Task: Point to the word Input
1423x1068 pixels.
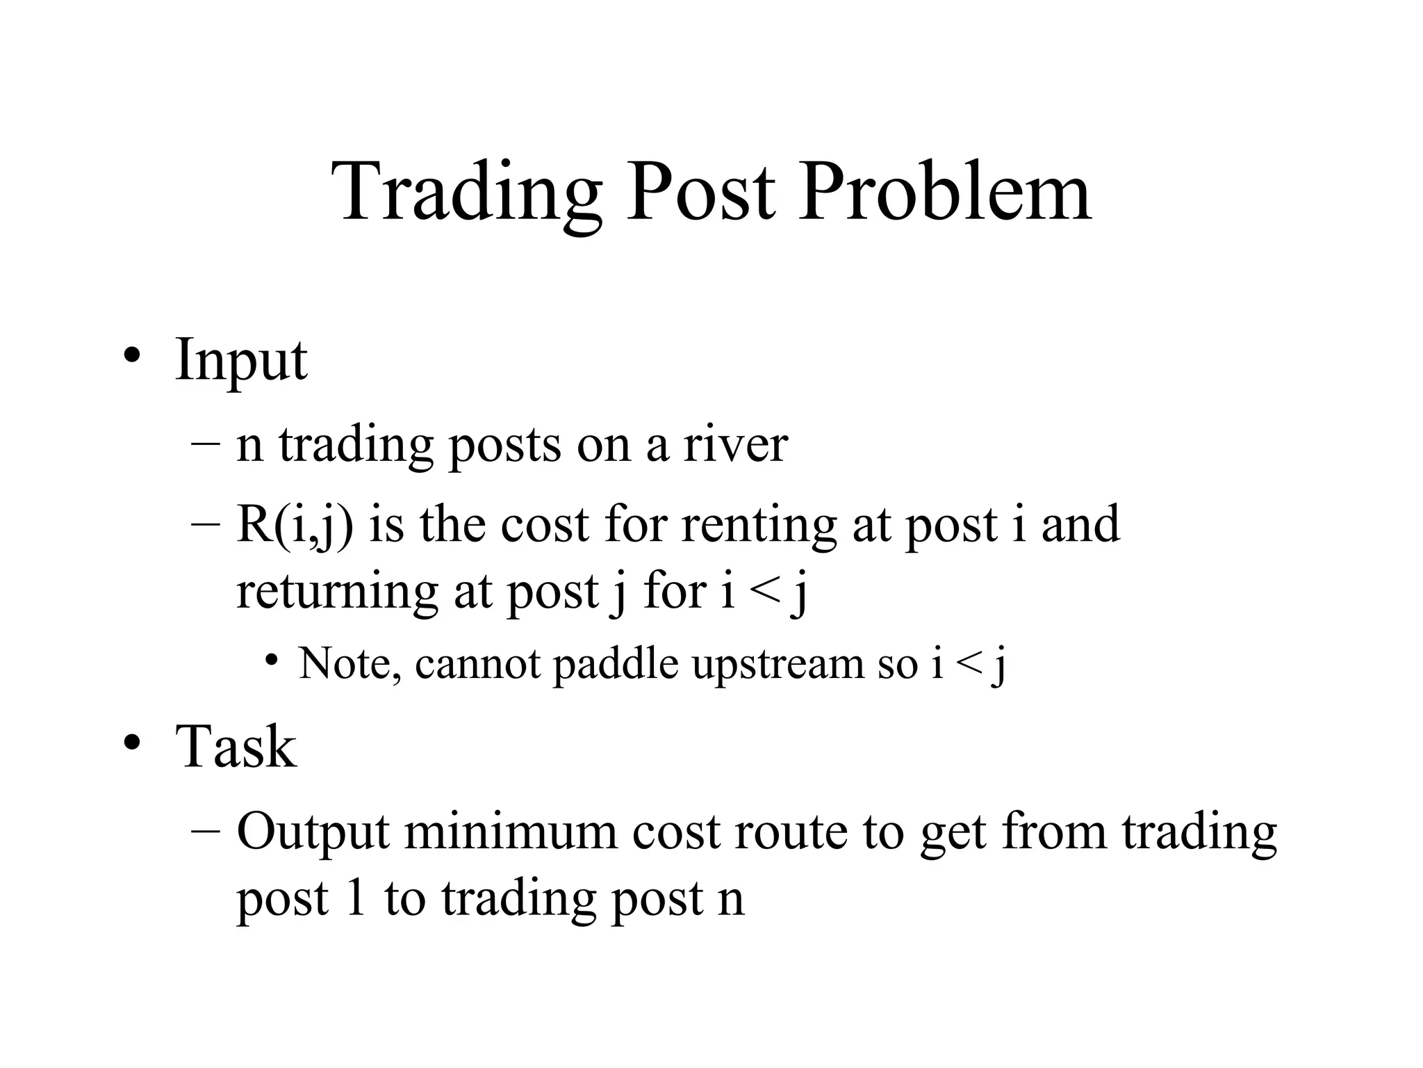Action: click(240, 360)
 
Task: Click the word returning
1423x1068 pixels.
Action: click(337, 592)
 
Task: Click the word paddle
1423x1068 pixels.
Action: click(616, 663)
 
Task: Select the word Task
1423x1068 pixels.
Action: click(236, 746)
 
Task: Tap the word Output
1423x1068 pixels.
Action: click(313, 832)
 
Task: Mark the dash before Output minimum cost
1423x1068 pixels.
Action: click(206, 832)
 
